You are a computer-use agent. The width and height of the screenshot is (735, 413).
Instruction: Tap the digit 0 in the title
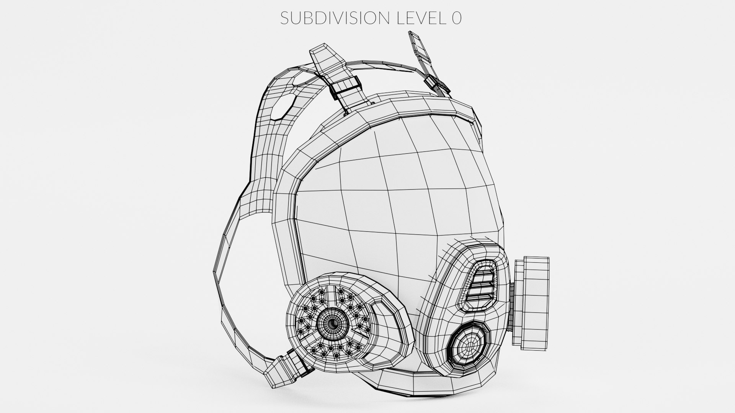(456, 18)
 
